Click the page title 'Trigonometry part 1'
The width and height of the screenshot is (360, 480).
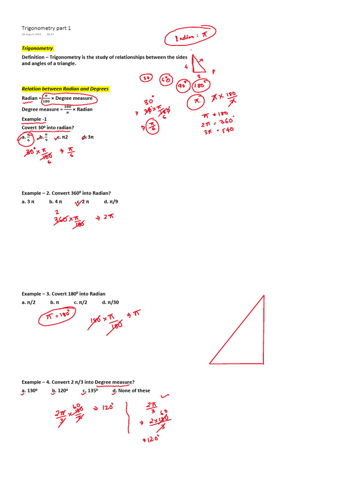46,28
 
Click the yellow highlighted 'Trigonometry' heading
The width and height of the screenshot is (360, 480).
37,48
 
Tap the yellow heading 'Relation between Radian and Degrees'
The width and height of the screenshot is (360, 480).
65,89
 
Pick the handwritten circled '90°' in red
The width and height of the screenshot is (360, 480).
183,86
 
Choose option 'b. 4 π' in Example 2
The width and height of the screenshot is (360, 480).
55,202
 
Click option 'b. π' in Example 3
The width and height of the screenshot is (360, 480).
54,302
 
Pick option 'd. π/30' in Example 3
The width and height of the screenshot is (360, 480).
110,302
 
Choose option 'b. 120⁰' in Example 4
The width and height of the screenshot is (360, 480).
60,390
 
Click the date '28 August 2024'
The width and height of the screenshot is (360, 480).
31,34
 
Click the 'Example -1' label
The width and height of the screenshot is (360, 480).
34,119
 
